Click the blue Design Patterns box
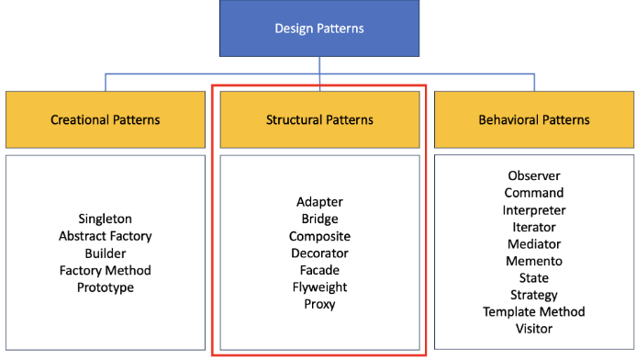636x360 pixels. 319,28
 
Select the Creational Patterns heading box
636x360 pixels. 106,119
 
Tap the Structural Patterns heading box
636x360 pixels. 319,119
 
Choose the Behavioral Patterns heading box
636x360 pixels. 534,119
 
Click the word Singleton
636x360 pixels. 105,219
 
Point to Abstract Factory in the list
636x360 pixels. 105,236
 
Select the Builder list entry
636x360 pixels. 106,253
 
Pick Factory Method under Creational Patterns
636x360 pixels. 105,270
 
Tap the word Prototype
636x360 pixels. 106,287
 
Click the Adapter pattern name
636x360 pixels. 319,202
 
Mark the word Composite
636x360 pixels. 319,236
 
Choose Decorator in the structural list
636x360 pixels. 319,253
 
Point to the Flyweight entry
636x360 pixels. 319,287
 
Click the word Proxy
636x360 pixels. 319,304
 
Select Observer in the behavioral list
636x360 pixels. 534,175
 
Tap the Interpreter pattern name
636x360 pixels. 534,210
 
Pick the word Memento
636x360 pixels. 534,261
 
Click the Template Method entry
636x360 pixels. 534,311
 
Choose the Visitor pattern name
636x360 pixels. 534,329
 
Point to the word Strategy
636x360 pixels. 534,295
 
